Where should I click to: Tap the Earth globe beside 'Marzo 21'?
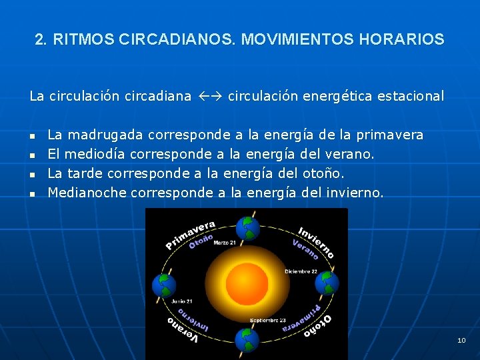click(x=250, y=227)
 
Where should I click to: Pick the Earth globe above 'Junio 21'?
click(x=164, y=285)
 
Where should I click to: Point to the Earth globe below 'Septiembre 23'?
click(x=247, y=340)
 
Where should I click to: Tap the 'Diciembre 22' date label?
click(x=301, y=271)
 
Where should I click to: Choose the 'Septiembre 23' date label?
click(x=268, y=320)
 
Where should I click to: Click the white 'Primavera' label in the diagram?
click(x=191, y=234)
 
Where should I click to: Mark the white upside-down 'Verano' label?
click(x=183, y=331)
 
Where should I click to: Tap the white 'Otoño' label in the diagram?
click(x=318, y=327)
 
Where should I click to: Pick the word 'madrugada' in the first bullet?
click(x=105, y=135)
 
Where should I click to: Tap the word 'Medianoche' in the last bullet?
click(x=87, y=193)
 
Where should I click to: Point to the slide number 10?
click(x=461, y=341)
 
